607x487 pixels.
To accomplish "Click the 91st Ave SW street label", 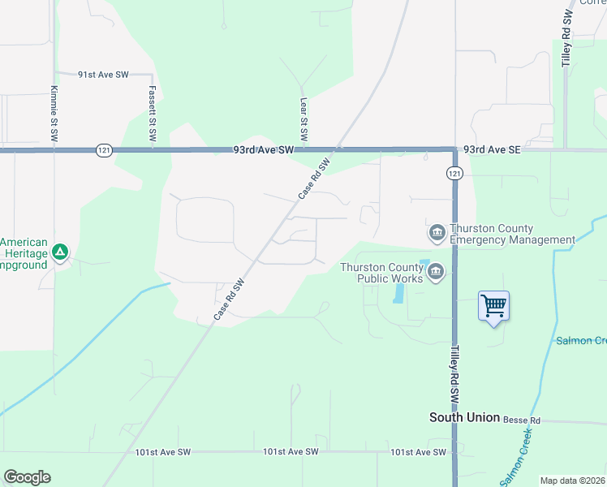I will pos(103,74).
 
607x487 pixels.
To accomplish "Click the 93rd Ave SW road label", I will pos(262,150).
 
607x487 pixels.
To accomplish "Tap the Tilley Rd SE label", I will pos(566,38).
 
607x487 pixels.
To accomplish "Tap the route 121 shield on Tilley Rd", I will pos(454,173).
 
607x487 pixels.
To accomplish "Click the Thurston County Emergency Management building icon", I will pos(437,234).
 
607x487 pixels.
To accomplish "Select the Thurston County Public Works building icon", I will pos(436,271).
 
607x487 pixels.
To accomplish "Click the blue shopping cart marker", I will pos(493,307).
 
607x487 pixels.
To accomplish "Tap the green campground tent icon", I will pos(59,252).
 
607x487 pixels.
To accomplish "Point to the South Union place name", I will pos(464,417).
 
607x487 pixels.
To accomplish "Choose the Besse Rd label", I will pos(521,420).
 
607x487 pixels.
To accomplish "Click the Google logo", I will pos(27,477).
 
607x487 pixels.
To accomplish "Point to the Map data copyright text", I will pos(572,481).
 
